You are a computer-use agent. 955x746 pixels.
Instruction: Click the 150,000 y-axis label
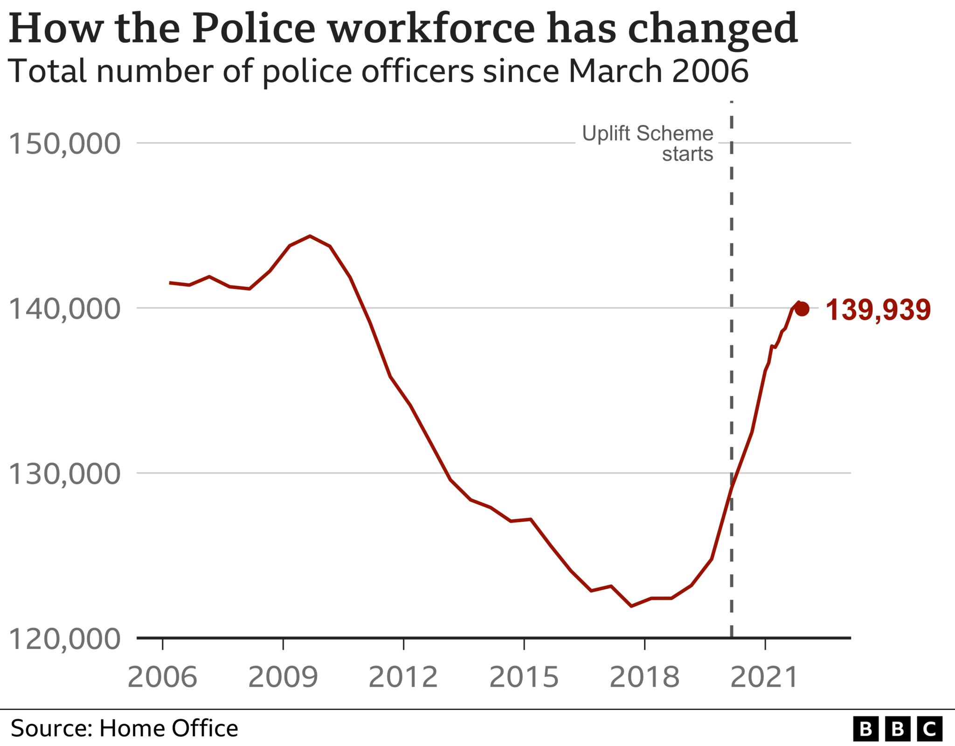[64, 144]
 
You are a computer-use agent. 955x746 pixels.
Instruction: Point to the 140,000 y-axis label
[64, 309]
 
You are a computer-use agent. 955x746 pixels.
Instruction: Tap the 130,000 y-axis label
[64, 474]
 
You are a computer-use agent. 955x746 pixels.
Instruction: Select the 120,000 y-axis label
[64, 639]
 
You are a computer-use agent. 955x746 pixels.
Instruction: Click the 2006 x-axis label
[162, 677]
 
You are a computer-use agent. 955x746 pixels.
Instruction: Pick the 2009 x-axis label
[283, 677]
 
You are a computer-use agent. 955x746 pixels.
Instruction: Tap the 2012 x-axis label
[403, 677]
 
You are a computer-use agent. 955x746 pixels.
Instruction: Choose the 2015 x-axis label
[524, 677]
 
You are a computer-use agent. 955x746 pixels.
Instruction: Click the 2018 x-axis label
[644, 677]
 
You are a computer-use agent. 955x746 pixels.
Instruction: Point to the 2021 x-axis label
[765, 677]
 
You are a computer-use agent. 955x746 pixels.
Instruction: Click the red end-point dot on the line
[802, 309]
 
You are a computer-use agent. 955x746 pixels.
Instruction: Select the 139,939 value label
[878, 310]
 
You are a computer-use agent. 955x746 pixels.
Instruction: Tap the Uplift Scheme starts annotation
[648, 143]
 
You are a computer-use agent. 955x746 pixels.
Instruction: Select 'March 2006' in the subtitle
[658, 71]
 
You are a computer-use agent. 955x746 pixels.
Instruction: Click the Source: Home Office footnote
[124, 728]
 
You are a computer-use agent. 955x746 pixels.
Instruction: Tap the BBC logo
[898, 729]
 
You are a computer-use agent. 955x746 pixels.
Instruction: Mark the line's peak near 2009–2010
[310, 236]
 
